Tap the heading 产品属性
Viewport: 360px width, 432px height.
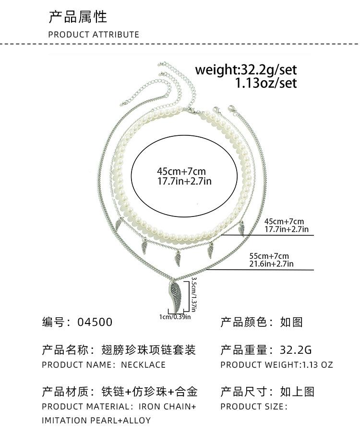78,17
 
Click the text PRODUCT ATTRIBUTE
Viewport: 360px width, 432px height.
94,35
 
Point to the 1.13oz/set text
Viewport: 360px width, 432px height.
265,83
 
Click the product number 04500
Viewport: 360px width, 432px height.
95,322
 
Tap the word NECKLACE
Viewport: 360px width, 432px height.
143,365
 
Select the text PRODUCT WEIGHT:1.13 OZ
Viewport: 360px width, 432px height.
276,365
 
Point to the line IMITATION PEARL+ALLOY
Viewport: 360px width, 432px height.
96,420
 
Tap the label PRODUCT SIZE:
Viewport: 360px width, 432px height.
254,407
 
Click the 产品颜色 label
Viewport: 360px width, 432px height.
244,322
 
